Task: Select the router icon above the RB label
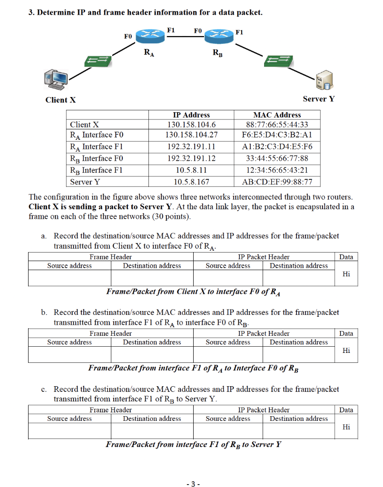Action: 218,35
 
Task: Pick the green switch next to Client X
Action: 98,61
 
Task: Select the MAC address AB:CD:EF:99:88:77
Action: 277,182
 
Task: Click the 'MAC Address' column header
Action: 277,115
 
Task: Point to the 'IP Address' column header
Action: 191,115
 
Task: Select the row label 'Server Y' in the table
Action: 85,182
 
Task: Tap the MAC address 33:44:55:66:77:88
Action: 277,159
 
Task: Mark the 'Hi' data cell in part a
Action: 346,274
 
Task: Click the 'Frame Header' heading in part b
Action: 110,334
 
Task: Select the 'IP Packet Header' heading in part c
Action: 264,410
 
